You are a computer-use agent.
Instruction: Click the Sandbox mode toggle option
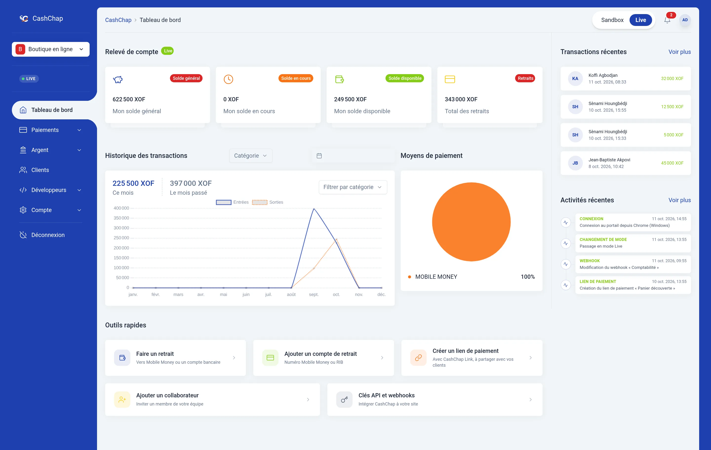click(x=612, y=20)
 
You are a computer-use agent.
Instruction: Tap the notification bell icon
click(x=667, y=20)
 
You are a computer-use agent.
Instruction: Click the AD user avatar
click(x=685, y=20)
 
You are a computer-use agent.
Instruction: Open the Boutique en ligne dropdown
click(x=51, y=49)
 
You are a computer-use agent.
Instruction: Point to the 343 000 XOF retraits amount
click(x=461, y=99)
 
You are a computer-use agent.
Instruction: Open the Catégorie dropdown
click(x=250, y=156)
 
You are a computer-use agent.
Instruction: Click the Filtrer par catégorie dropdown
click(x=353, y=187)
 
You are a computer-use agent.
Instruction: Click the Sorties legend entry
click(x=268, y=202)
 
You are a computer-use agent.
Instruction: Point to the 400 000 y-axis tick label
click(x=121, y=208)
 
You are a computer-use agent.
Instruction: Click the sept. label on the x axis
click(x=314, y=295)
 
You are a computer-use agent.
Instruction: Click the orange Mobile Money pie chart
click(x=471, y=222)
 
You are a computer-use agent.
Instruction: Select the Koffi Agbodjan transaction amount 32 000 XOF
click(x=672, y=79)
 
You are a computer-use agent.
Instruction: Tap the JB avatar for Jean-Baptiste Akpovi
click(x=575, y=163)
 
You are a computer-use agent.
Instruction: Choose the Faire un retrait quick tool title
click(x=155, y=354)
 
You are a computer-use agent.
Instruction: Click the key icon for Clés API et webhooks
click(x=344, y=400)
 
